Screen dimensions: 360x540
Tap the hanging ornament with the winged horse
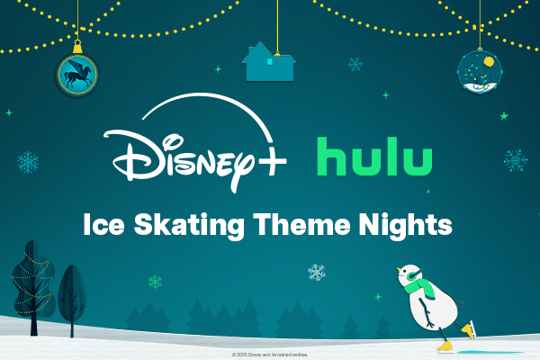click(x=78, y=73)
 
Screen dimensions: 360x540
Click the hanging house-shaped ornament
click(x=268, y=62)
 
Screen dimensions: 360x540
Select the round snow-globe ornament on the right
click(x=478, y=72)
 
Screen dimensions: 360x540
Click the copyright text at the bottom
click(x=269, y=355)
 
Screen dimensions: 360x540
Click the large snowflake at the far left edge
click(x=28, y=163)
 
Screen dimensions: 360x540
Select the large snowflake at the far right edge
click(x=515, y=161)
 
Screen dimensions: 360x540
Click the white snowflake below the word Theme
click(x=317, y=272)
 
